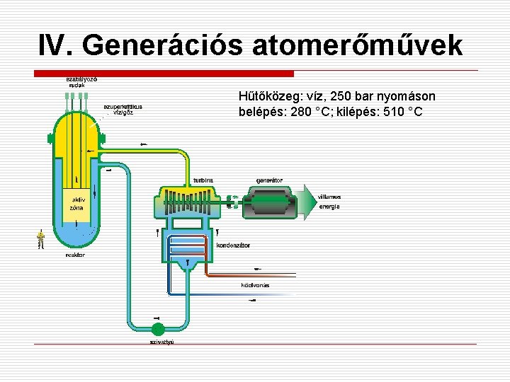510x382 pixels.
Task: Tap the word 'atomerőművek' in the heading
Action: point(367,45)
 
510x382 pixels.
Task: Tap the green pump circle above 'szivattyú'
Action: point(157,328)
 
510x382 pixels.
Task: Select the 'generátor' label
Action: point(269,180)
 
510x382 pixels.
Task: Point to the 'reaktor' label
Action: point(75,255)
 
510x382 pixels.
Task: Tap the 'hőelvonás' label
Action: point(254,286)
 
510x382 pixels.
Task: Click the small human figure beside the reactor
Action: point(41,239)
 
